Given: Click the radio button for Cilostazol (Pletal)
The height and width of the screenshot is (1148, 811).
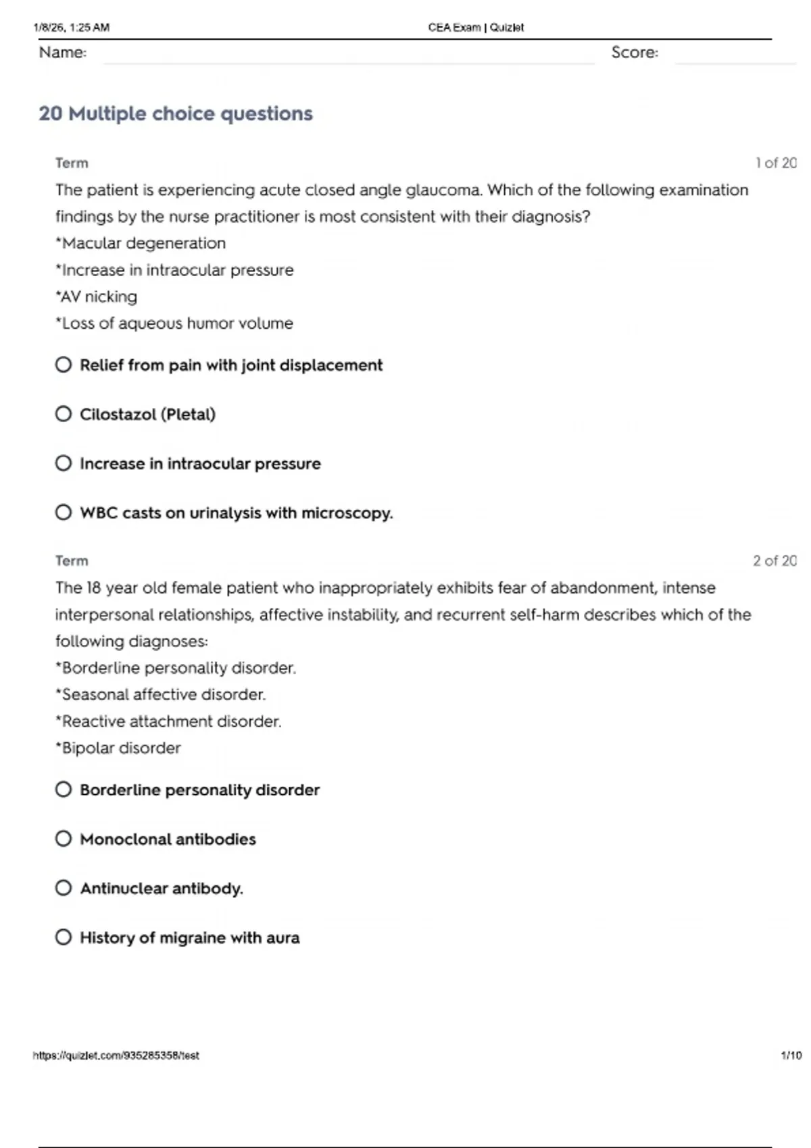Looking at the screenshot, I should click(64, 414).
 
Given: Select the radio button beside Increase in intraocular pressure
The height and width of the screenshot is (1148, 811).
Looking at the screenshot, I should click(64, 463).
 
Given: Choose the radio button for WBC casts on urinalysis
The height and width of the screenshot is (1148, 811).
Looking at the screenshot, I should click(64, 513).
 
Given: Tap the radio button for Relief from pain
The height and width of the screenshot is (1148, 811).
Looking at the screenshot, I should click(64, 365).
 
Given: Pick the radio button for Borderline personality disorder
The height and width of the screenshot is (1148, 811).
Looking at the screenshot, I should click(64, 789).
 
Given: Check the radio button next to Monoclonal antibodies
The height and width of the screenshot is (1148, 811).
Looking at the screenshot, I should click(64, 839).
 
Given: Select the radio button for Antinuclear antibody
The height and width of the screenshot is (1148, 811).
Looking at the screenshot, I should click(64, 888).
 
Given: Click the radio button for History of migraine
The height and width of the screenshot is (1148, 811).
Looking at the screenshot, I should click(64, 937).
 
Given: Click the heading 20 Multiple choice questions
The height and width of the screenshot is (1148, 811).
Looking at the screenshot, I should click(176, 113).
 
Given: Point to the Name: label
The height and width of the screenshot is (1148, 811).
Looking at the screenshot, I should click(63, 53).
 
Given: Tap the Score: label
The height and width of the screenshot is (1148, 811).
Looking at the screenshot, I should click(635, 53).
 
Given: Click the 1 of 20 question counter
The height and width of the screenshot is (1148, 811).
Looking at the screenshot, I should click(776, 163).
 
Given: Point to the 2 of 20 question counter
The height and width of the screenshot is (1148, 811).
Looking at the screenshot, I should click(775, 560).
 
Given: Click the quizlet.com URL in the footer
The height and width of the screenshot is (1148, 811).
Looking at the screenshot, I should click(116, 1055).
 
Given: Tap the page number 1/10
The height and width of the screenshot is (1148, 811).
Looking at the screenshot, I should click(791, 1055).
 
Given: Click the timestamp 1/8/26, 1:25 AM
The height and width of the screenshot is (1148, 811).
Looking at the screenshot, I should click(71, 28).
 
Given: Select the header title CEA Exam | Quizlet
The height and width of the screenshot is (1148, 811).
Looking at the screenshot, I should click(476, 28).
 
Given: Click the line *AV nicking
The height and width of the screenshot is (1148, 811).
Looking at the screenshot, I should click(97, 296).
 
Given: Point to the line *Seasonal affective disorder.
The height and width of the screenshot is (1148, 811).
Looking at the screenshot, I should click(161, 694).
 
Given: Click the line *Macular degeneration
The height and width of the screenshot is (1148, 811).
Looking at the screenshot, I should click(141, 243).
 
